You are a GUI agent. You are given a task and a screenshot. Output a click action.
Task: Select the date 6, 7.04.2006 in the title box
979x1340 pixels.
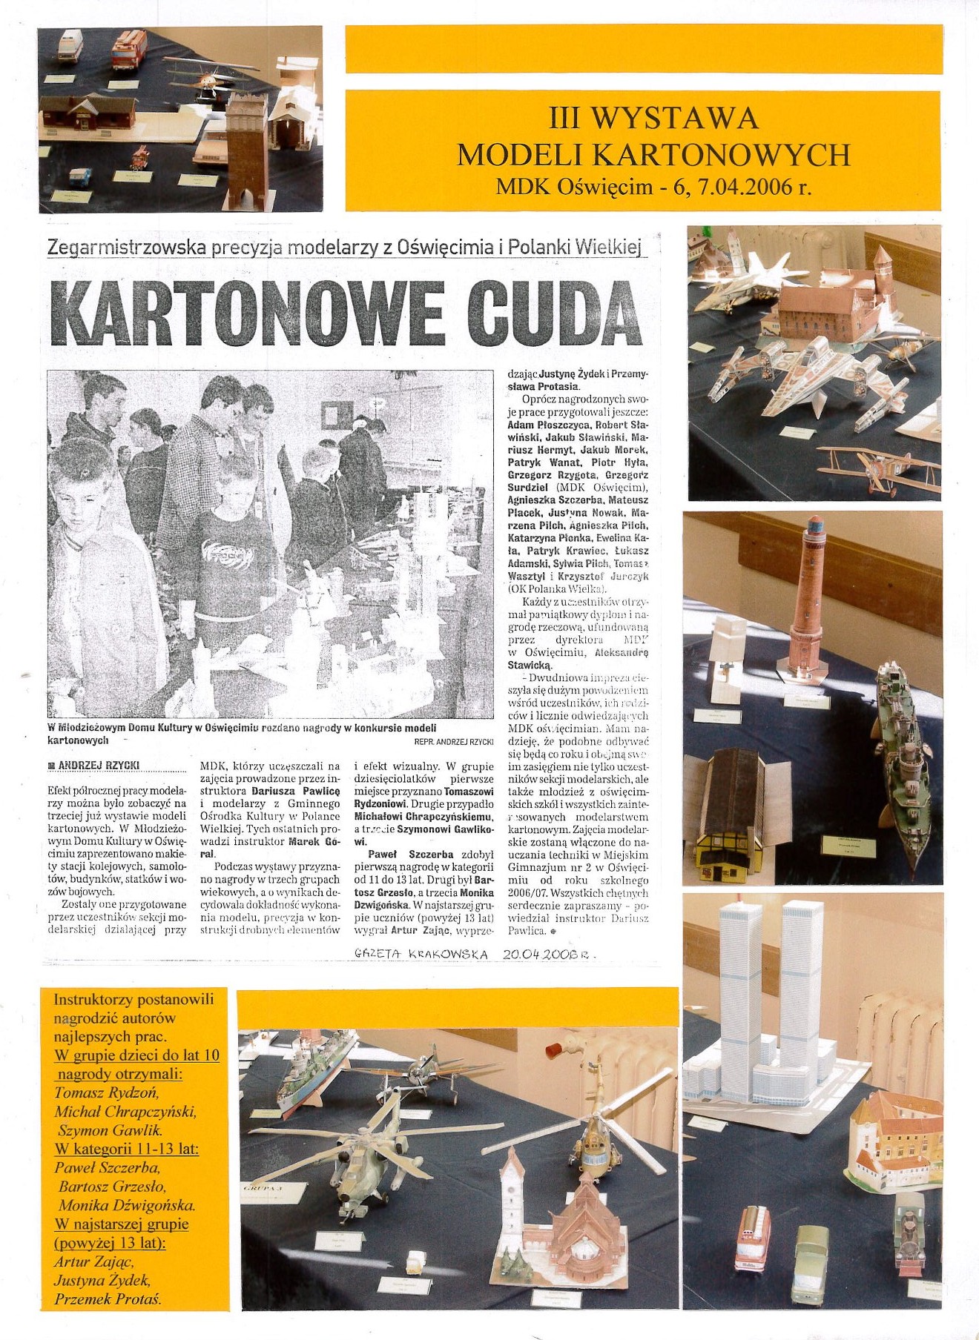tap(742, 187)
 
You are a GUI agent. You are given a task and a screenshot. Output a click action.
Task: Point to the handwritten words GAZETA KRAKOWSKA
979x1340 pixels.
tap(421, 955)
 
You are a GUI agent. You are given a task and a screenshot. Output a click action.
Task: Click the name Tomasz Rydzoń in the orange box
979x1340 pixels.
tap(107, 1092)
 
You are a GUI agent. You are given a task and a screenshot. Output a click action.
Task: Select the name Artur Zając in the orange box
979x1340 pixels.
tap(94, 1261)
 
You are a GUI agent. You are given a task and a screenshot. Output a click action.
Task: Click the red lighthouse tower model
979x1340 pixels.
tap(807, 600)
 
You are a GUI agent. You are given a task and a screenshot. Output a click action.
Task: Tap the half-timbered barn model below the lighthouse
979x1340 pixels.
tap(731, 815)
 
